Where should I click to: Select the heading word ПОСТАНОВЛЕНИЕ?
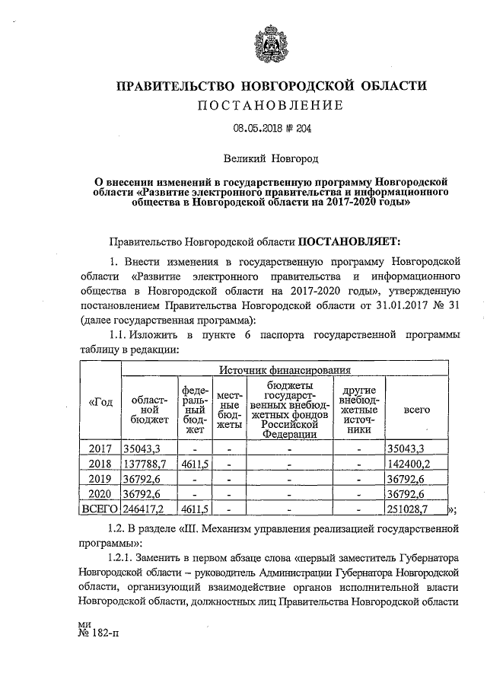pyautogui.click(x=271, y=104)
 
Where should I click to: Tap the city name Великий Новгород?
pyautogui.click(x=271, y=160)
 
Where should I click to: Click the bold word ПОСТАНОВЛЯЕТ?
pyautogui.click(x=347, y=242)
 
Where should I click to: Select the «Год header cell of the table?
pyautogui.click(x=100, y=402)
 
